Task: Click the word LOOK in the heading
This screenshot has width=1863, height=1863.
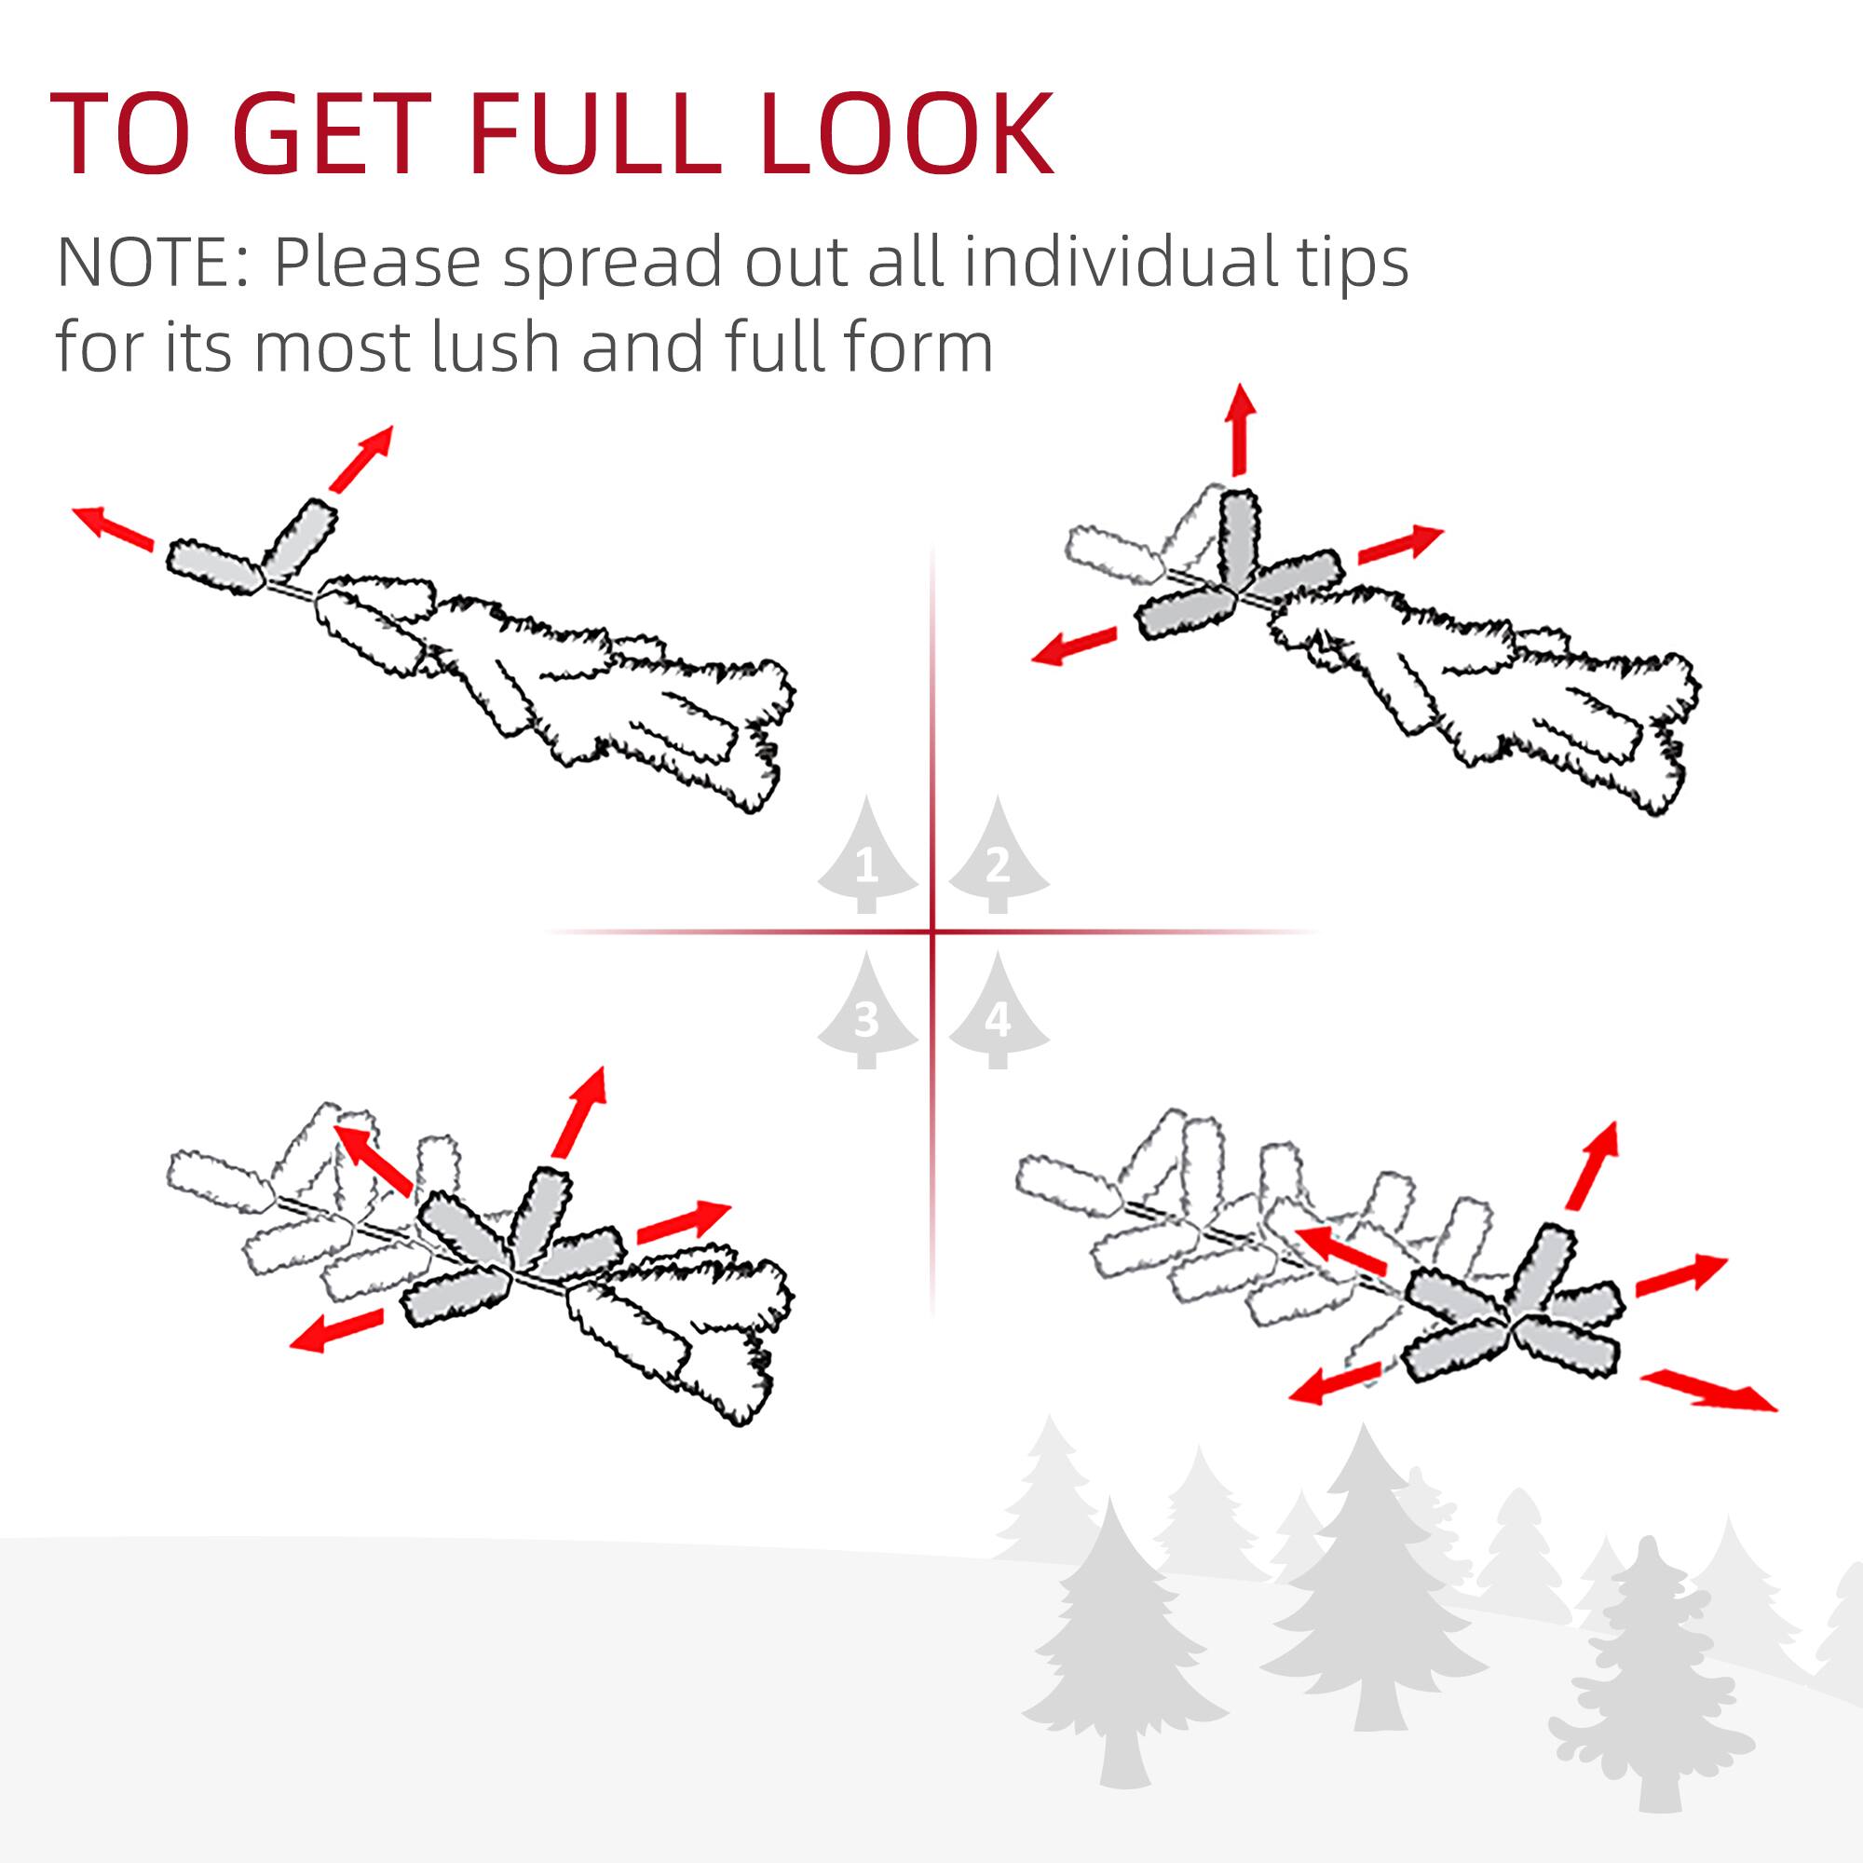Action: [906, 135]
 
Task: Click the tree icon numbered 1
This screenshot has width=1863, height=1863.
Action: [867, 856]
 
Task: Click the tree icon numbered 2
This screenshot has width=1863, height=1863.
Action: [998, 856]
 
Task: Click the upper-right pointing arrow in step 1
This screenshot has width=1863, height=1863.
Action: [361, 458]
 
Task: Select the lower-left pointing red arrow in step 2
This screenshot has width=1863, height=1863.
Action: [1073, 646]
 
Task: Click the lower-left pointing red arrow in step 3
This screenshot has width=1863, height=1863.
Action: [336, 1332]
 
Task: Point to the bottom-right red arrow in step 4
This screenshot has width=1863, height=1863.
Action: [1707, 1393]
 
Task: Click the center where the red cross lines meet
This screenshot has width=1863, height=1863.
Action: [932, 932]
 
